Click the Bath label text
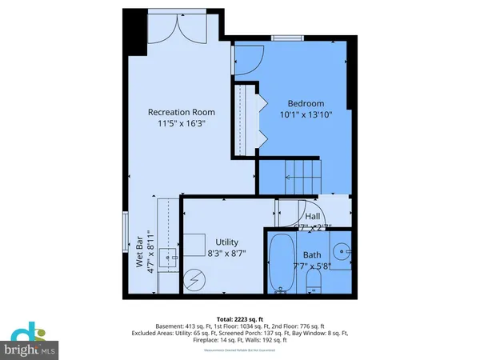[x=313, y=255]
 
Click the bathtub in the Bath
[x=281, y=265]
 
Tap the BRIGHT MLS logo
[x=32, y=341]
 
